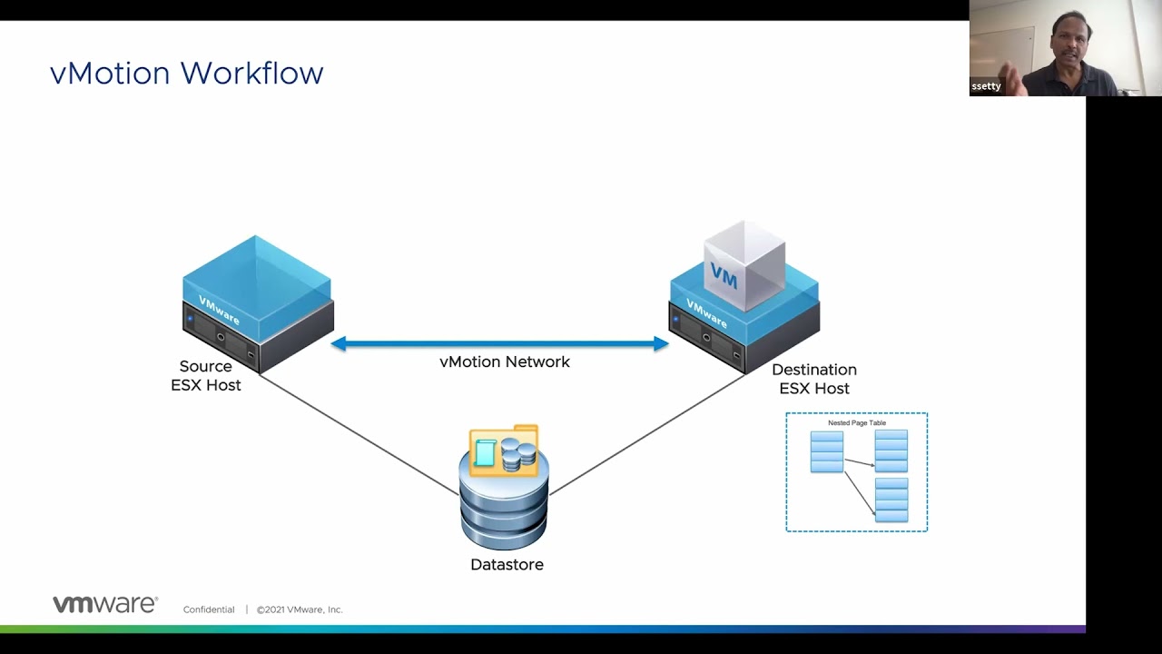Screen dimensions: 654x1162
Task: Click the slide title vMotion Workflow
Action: (186, 73)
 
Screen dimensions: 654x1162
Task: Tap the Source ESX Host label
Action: (206, 375)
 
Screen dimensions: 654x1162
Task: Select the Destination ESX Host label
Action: (814, 379)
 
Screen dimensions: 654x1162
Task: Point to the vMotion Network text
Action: (505, 362)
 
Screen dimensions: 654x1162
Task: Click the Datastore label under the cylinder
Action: (507, 564)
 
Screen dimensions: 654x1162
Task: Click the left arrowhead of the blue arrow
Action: (340, 343)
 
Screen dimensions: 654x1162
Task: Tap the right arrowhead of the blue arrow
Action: (660, 343)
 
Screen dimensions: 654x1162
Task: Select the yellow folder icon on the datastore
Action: (504, 451)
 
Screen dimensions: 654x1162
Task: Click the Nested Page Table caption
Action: (857, 423)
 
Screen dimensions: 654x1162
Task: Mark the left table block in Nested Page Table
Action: (827, 451)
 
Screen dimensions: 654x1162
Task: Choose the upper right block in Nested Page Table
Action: (891, 451)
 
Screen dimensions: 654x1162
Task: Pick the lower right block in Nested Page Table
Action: (891, 500)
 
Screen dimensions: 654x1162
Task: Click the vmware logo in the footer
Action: (105, 605)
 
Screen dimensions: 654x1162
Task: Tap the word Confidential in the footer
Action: (209, 609)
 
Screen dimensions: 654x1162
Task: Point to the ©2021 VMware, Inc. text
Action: (300, 609)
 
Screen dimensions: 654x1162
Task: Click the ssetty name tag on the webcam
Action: (986, 86)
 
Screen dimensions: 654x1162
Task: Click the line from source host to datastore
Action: (359, 434)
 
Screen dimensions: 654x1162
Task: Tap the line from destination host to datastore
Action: (648, 434)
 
